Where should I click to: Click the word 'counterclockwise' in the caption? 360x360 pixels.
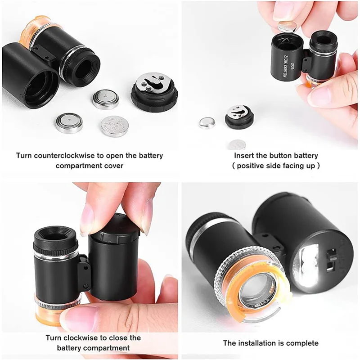pyautogui.click(x=67, y=156)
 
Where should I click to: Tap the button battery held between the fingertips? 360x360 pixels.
pyautogui.click(x=287, y=26)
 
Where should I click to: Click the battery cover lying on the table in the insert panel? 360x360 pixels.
pyautogui.click(x=239, y=117)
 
